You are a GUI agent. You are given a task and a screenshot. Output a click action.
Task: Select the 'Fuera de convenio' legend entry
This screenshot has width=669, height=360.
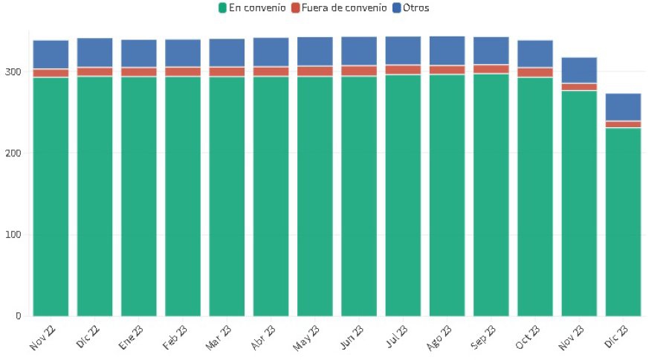(343, 8)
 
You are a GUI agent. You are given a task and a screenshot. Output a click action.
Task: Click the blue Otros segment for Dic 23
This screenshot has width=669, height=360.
(623, 107)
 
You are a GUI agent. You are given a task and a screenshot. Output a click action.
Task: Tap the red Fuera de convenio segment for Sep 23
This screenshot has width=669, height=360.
(491, 69)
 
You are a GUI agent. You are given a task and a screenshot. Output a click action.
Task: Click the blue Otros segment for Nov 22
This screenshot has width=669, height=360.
(51, 54)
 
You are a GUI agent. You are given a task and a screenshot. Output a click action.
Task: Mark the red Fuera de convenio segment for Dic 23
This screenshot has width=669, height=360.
(623, 124)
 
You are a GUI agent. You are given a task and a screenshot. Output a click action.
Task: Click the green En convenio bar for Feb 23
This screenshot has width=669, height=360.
(183, 196)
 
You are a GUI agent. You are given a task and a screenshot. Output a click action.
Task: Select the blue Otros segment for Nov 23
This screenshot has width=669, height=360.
(579, 70)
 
